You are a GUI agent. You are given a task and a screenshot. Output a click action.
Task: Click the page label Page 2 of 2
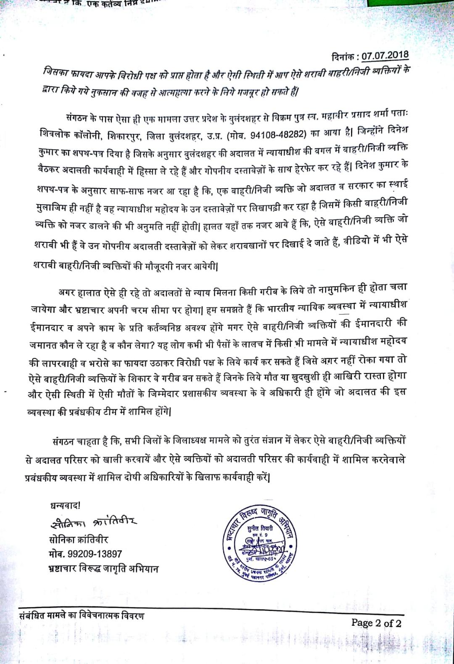tap(376, 622)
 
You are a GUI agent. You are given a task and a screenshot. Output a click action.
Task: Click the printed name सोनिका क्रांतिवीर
tap(79, 540)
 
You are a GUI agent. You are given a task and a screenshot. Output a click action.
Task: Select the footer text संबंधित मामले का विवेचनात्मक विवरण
tap(82, 616)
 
